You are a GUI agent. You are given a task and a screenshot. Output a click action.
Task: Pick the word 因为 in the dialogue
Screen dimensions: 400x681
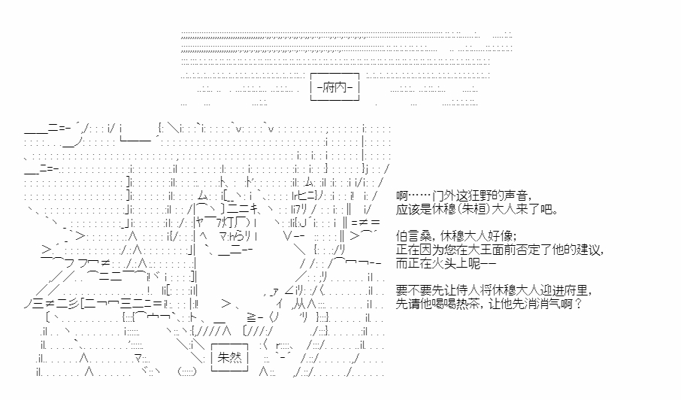[x=431, y=249]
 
